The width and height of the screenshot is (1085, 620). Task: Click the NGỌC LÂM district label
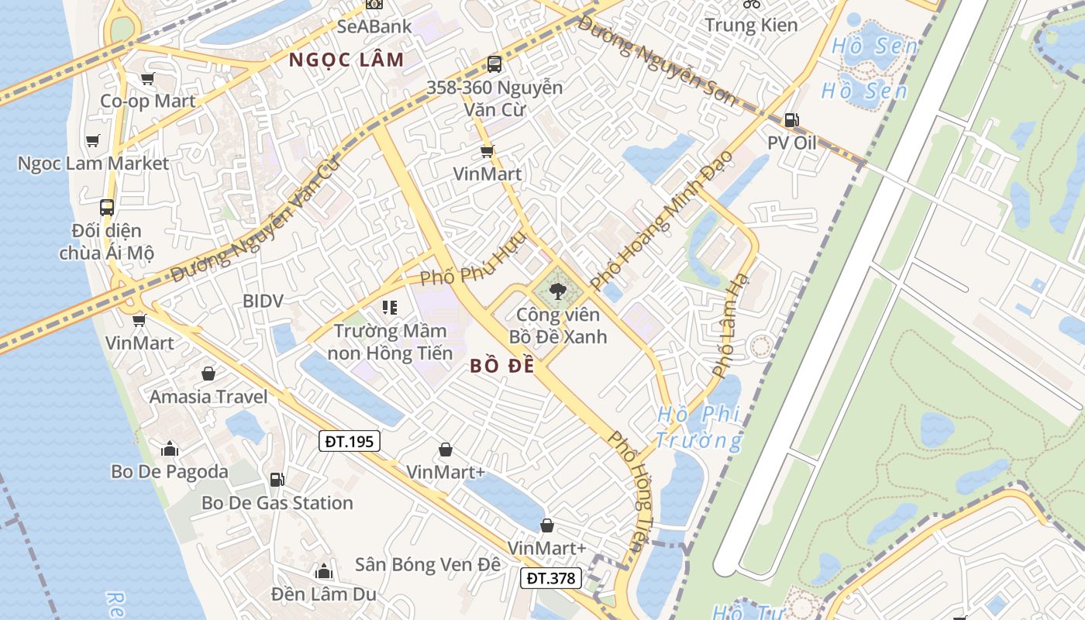click(346, 60)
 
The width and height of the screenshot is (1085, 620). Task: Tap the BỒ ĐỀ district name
click(502, 367)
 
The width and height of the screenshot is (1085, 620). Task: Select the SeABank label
click(374, 26)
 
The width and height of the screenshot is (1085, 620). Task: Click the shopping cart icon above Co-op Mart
click(147, 78)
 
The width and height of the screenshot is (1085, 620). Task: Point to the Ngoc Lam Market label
click(93, 164)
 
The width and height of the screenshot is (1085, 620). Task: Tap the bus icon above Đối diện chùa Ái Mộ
click(107, 208)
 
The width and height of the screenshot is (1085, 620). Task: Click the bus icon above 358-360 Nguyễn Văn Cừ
click(494, 64)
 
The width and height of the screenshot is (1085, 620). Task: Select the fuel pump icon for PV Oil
click(791, 120)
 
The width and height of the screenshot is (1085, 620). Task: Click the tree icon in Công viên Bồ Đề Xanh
click(556, 291)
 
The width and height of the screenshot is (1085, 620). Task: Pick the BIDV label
click(263, 301)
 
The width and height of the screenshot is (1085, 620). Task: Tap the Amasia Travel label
click(208, 397)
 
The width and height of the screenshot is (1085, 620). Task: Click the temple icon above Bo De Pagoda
click(170, 449)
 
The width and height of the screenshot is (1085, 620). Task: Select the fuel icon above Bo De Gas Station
click(277, 480)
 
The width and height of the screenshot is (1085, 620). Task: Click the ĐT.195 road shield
click(349, 442)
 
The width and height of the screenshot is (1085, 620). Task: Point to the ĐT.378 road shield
click(550, 577)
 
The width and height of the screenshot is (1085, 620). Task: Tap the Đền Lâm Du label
click(323, 594)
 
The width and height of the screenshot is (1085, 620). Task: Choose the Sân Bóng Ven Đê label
click(428, 564)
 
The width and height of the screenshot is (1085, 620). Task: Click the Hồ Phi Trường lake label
click(698, 428)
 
